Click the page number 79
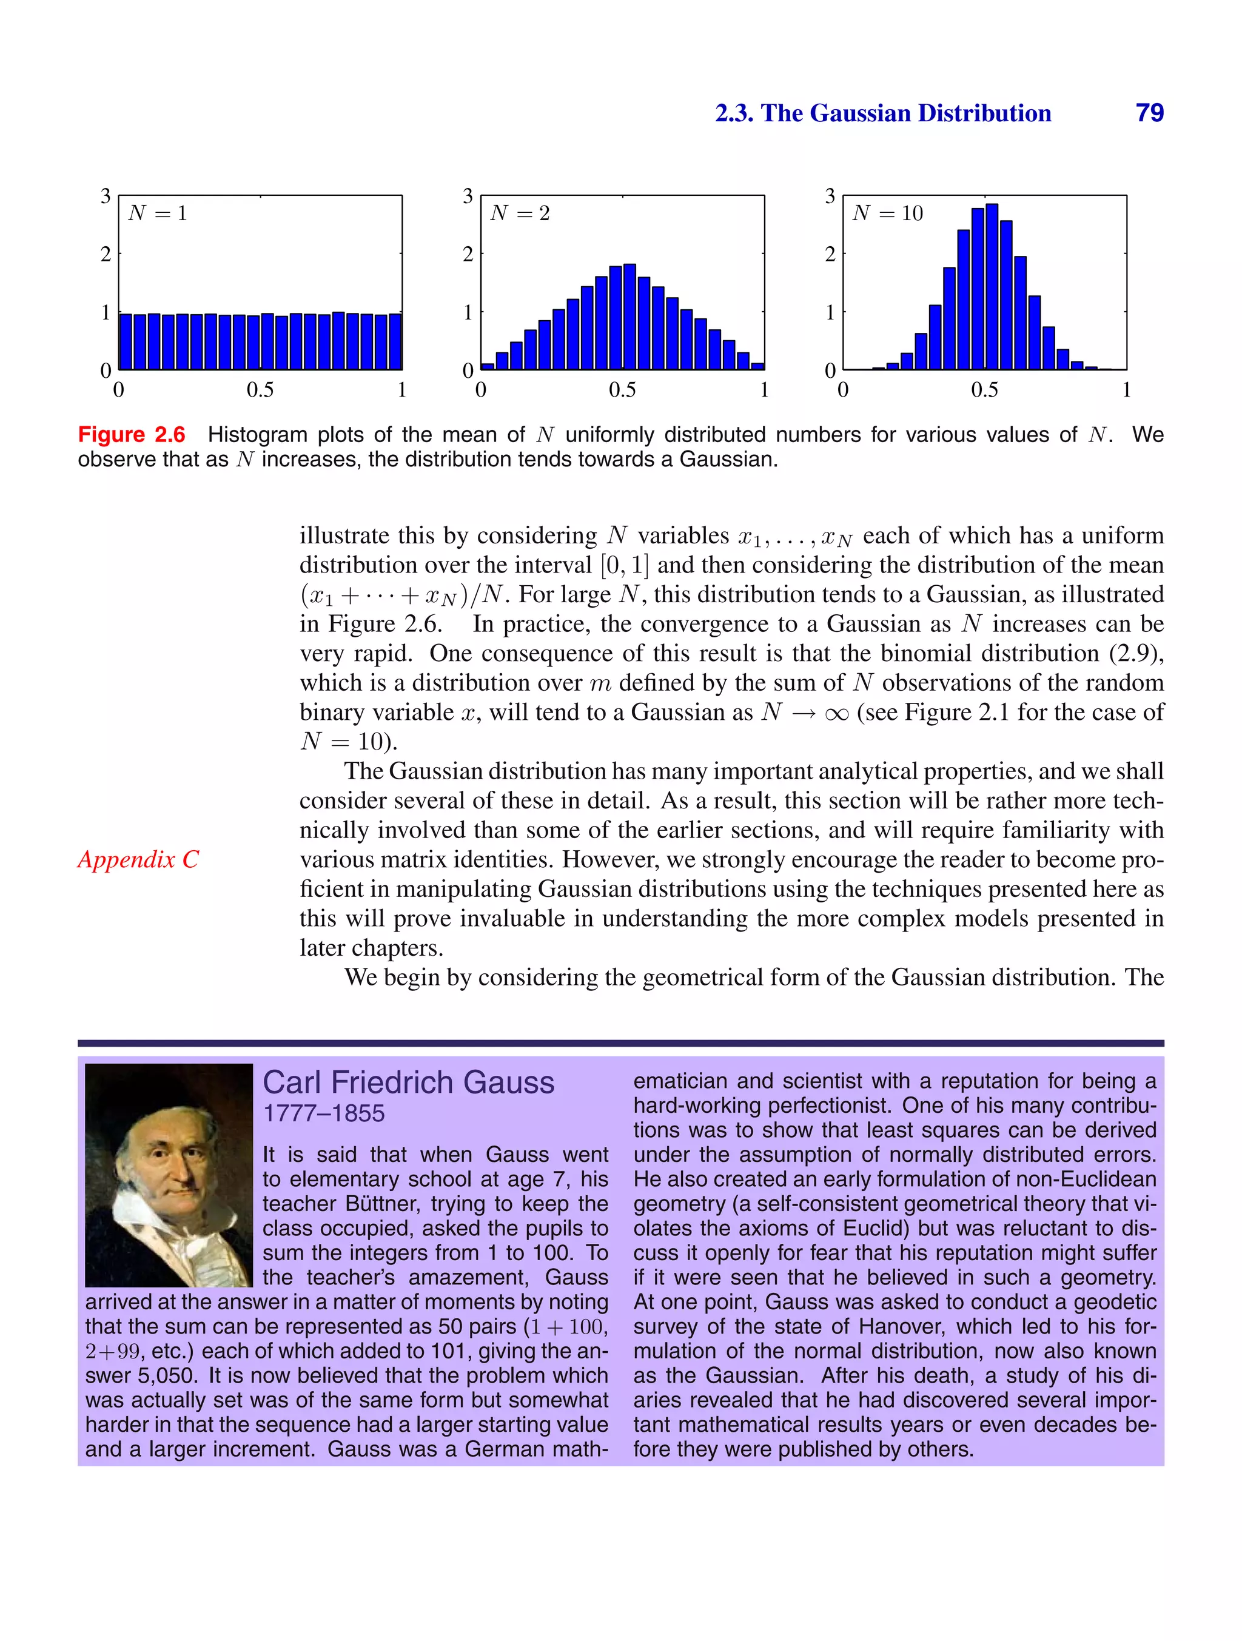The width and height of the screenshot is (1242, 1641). pyautogui.click(x=1149, y=113)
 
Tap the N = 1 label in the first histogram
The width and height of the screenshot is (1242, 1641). pyautogui.click(x=157, y=213)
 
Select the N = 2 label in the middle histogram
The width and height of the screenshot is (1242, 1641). pyautogui.click(x=519, y=213)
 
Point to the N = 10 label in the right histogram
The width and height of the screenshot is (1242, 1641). pyautogui.click(x=887, y=213)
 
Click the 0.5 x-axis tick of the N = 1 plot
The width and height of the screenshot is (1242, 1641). pyautogui.click(x=260, y=389)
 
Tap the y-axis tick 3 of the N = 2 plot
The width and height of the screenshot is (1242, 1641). pyautogui.click(x=468, y=196)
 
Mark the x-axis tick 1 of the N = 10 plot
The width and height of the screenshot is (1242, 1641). pyautogui.click(x=1126, y=389)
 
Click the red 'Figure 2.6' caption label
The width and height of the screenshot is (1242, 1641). pyautogui.click(x=132, y=435)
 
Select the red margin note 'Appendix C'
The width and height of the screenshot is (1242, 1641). pyautogui.click(x=138, y=859)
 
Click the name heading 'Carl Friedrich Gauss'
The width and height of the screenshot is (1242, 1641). pyautogui.click(x=408, y=1082)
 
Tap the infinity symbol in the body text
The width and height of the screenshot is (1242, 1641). pyautogui.click(x=836, y=714)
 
